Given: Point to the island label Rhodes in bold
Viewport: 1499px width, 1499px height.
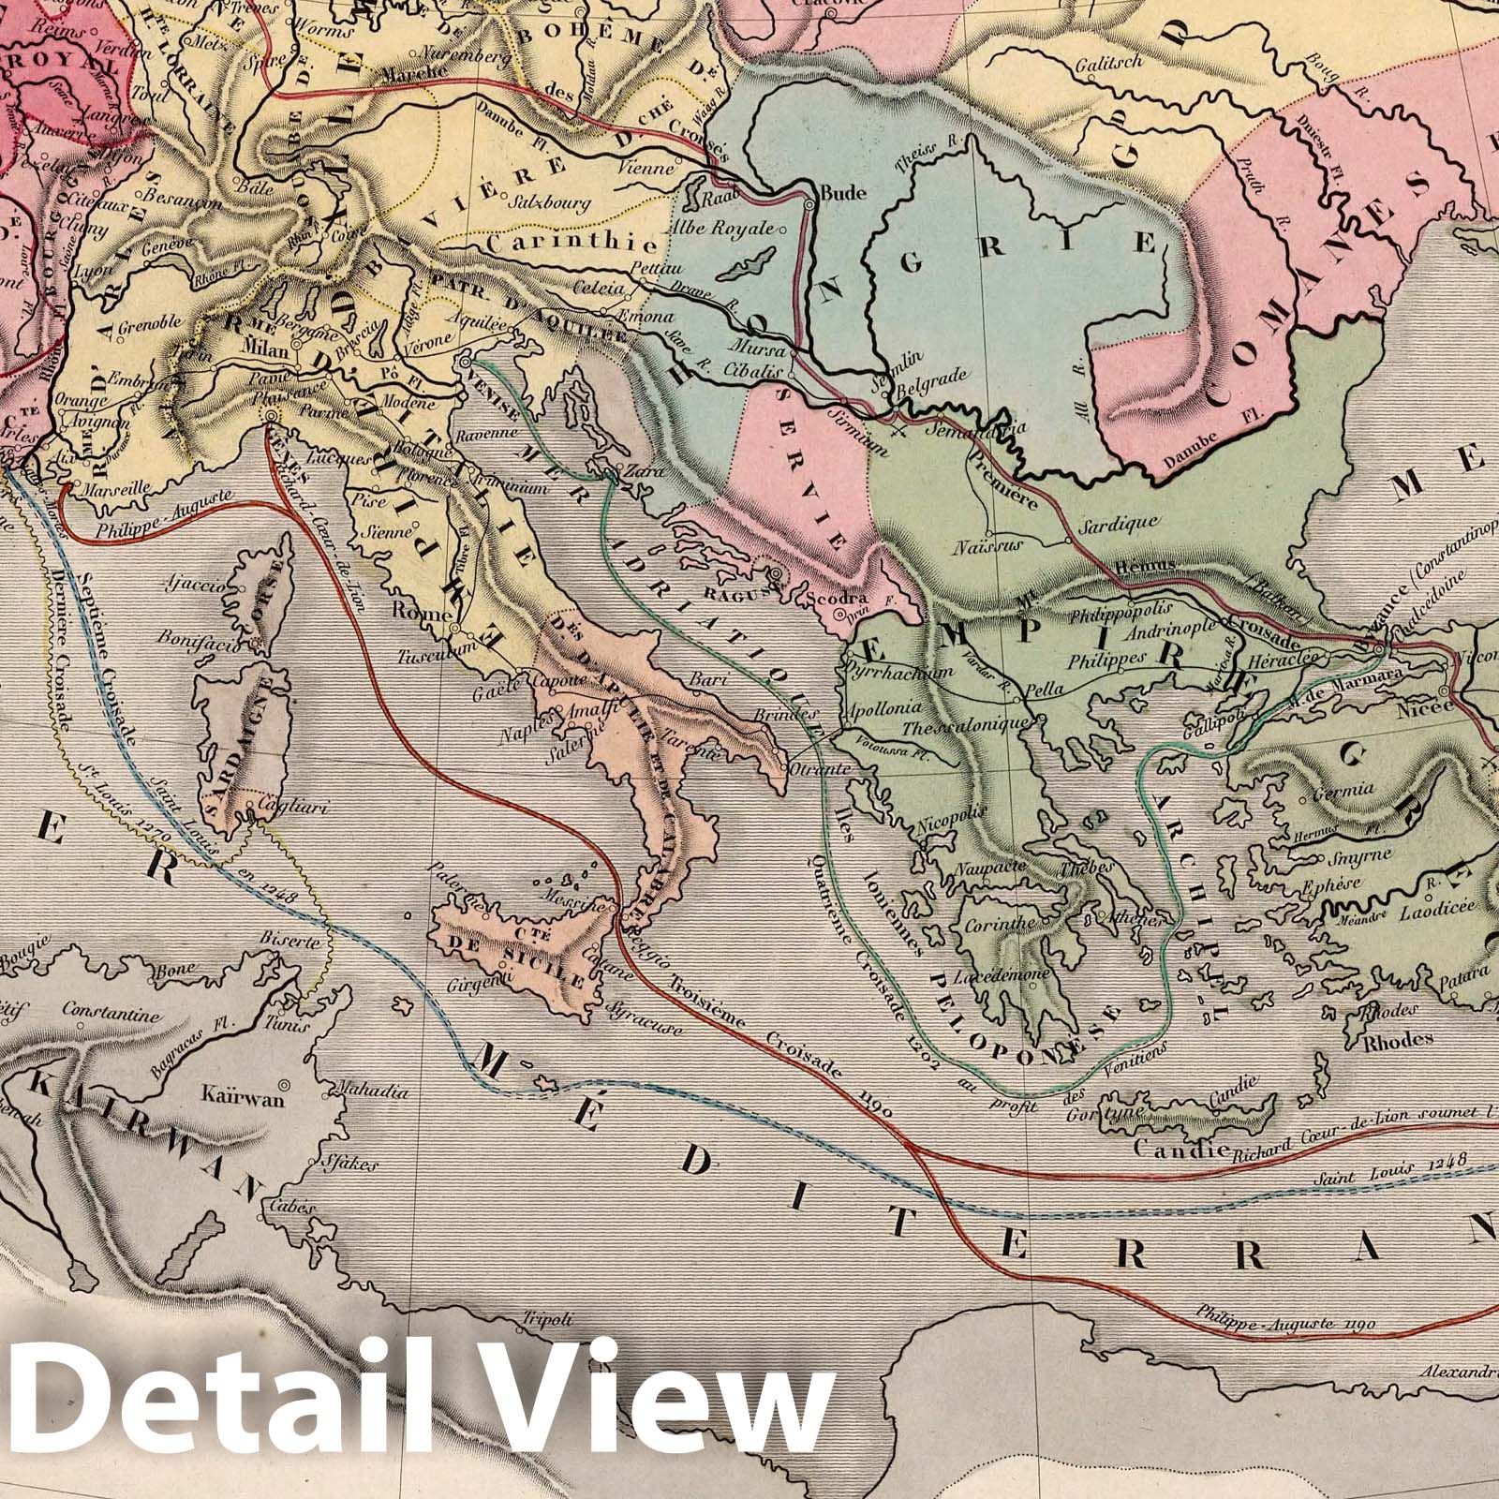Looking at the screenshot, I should point(1398,1039).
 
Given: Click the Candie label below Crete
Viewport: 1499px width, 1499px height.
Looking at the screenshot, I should point(1167,1149).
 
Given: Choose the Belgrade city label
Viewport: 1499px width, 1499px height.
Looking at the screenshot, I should point(931,382).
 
